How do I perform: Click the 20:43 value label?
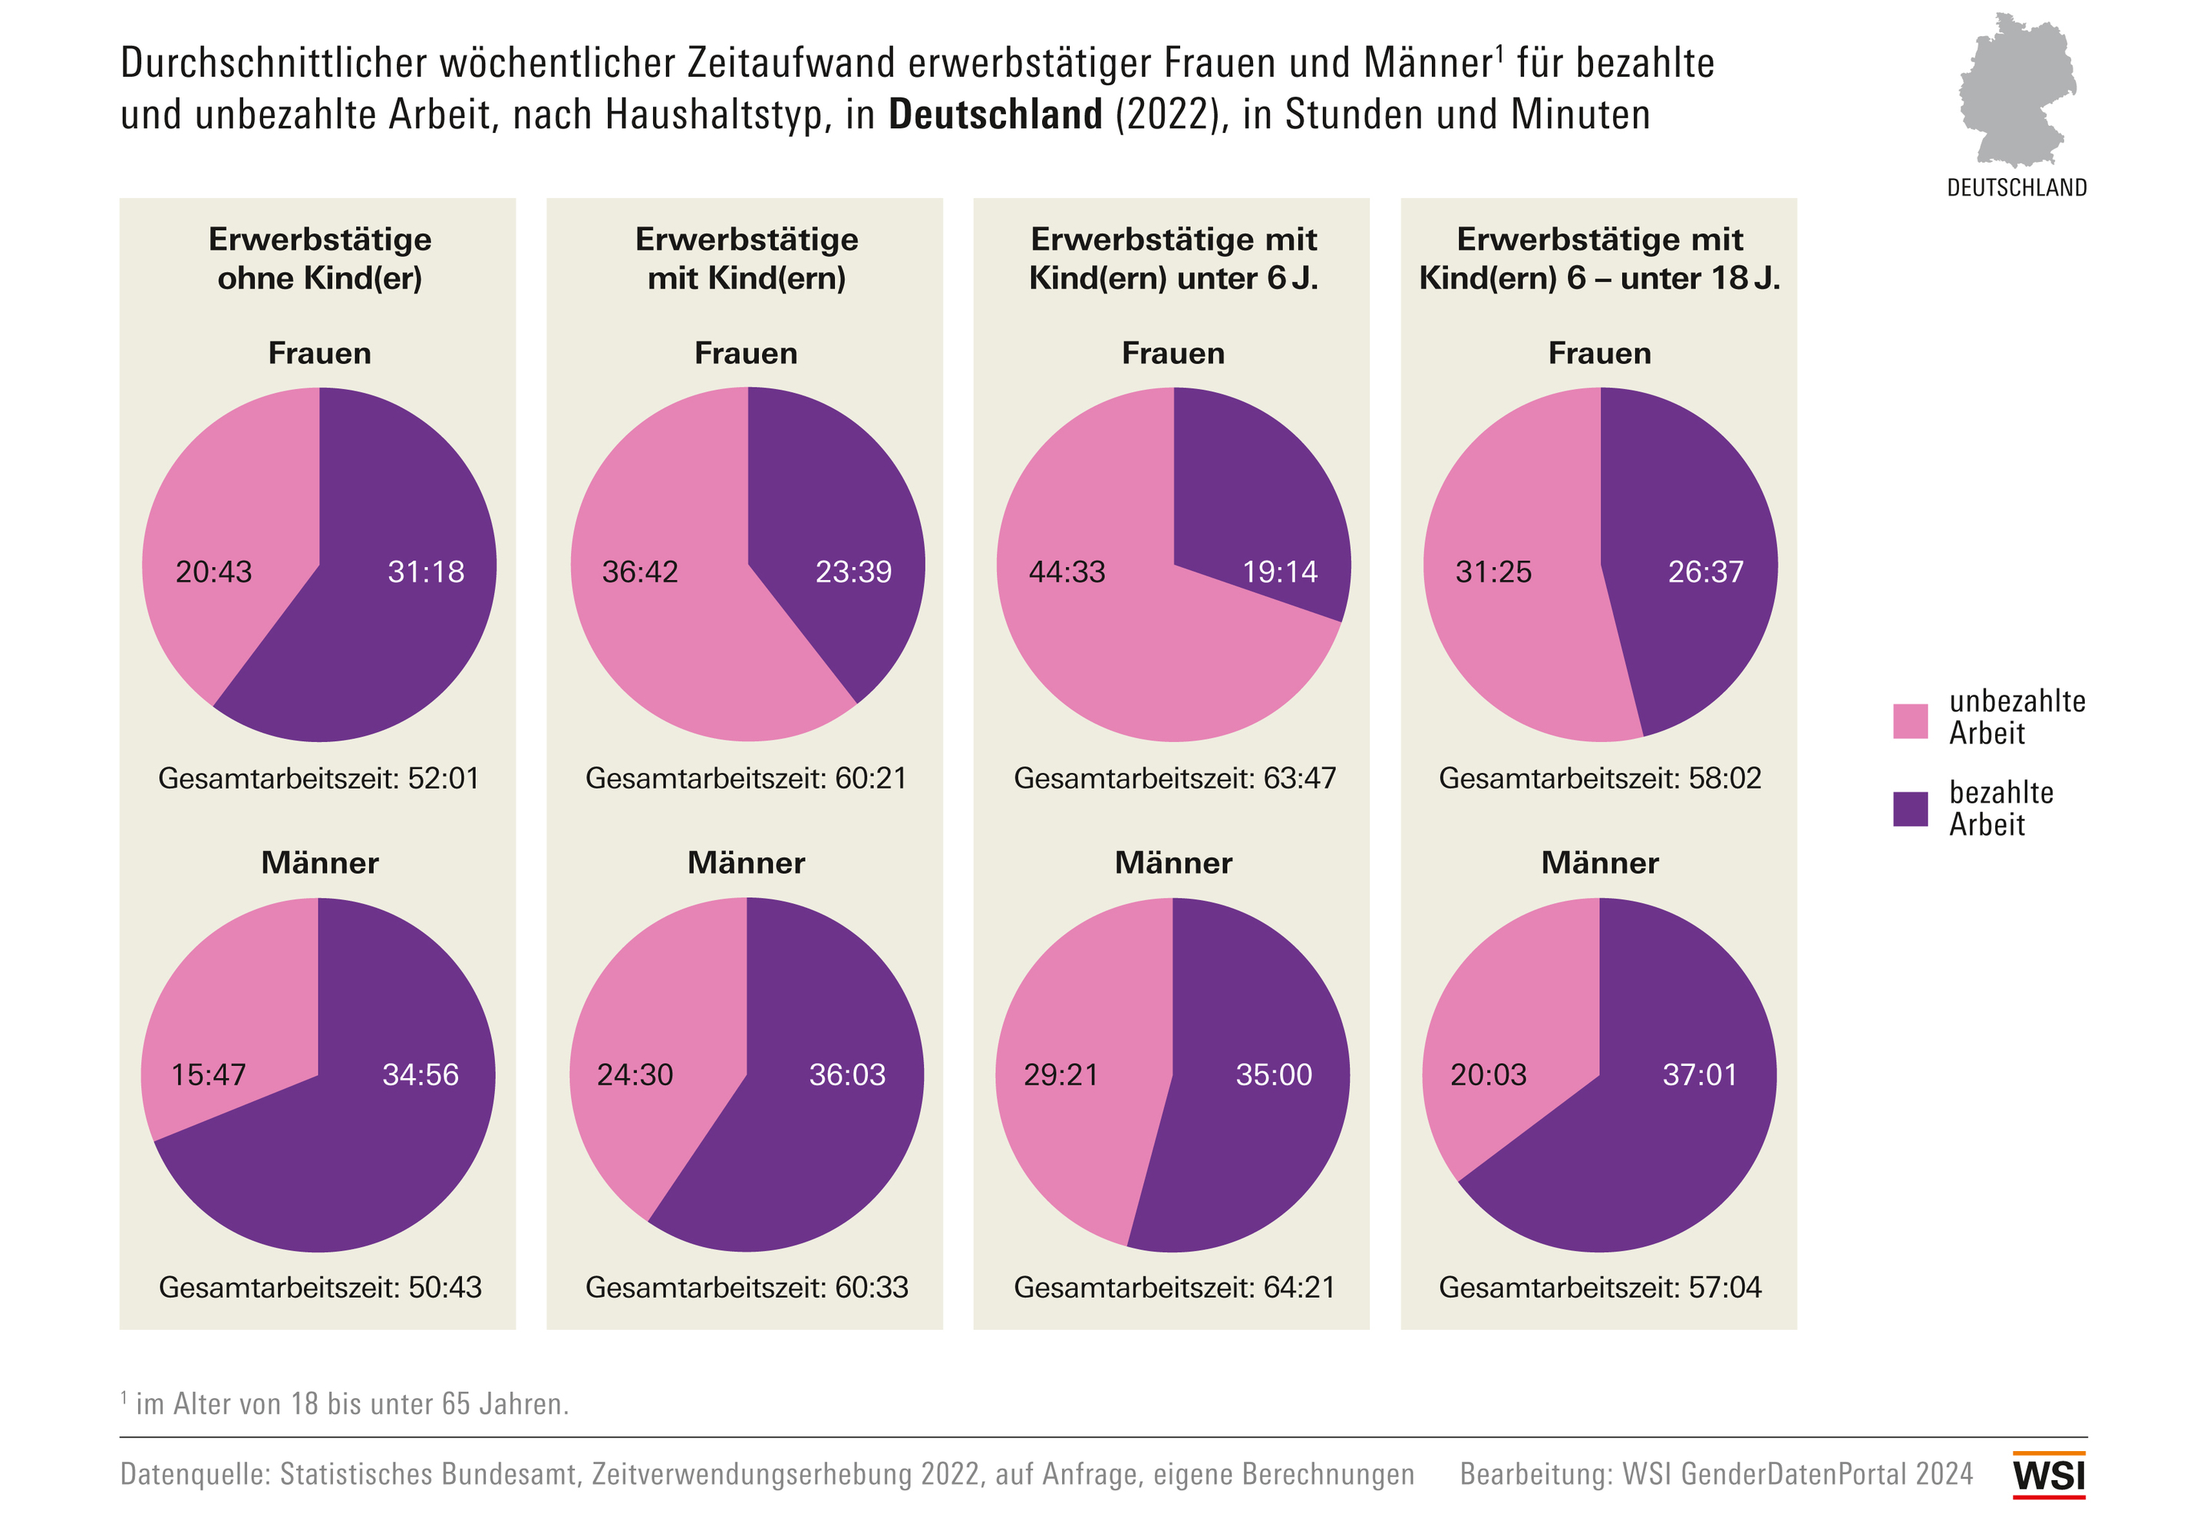[214, 572]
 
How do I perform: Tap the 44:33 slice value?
[1067, 572]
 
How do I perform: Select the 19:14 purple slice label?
[1279, 572]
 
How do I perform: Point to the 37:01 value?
[1699, 1075]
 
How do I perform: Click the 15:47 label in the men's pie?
[208, 1075]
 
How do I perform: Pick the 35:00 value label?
[1274, 1075]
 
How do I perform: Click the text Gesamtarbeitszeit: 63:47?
[1174, 778]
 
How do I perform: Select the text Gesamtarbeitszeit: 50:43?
[320, 1287]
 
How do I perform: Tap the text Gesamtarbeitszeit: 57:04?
[1600, 1287]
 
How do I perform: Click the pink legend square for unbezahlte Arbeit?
[1910, 721]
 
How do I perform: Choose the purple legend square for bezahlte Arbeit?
[1910, 809]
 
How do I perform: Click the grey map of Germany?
[2016, 91]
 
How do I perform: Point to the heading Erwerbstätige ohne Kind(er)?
[320, 258]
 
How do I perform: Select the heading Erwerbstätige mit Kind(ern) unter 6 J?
[1173, 258]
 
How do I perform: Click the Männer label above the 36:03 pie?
[747, 863]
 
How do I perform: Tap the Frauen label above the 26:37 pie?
[1600, 353]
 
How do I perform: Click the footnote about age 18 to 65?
[345, 1404]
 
